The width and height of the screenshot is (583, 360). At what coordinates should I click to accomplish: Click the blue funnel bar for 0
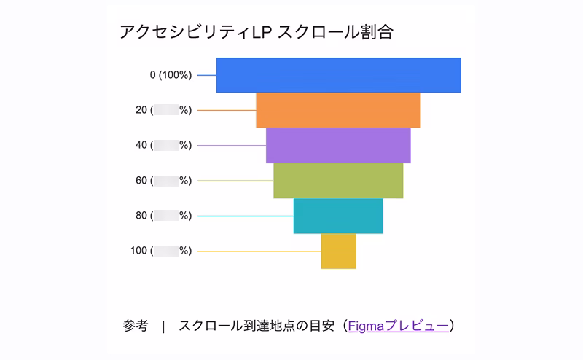point(338,75)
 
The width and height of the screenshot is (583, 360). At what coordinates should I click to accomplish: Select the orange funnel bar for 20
point(338,110)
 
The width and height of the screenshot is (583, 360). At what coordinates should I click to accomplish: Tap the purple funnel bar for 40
point(338,145)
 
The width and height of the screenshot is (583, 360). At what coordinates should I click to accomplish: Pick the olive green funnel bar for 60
point(338,180)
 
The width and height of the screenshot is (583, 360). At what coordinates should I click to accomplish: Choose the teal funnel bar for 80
point(338,216)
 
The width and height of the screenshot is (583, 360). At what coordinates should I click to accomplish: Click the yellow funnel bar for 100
point(338,251)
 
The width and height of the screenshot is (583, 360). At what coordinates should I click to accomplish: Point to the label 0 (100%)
point(171,75)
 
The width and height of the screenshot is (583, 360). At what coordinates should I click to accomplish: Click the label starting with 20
point(163,110)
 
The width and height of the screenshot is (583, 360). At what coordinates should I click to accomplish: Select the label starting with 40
point(163,145)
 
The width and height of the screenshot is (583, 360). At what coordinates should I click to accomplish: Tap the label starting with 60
point(163,181)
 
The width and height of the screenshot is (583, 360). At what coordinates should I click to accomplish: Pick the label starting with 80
point(163,216)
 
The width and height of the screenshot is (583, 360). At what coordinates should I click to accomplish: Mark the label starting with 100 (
point(160,251)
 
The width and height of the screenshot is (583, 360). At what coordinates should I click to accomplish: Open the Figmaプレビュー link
point(398,326)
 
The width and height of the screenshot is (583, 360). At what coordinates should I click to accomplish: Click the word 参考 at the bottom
point(136,326)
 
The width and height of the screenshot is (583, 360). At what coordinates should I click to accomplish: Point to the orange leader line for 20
point(227,111)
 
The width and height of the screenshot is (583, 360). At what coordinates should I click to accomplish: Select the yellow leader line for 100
point(259,251)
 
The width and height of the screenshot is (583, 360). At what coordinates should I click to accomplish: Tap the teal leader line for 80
point(245,216)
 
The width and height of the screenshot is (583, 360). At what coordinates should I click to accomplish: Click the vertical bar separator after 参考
point(163,326)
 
